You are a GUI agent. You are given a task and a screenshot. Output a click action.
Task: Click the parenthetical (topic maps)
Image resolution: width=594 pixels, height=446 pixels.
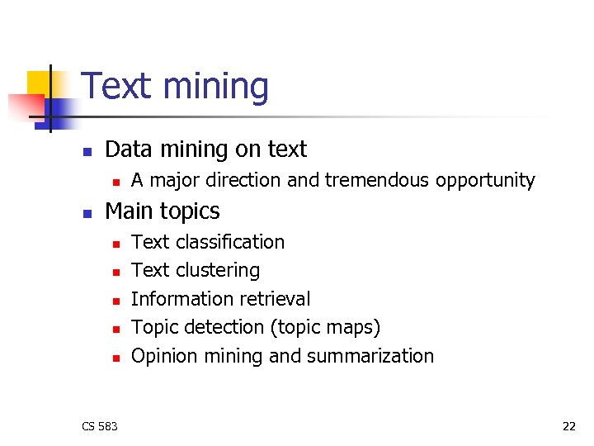tap(326, 328)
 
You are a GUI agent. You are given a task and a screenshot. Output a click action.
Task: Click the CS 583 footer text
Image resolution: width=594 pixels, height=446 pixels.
tap(100, 426)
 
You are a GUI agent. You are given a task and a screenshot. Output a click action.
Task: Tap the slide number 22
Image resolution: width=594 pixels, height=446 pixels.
tap(568, 426)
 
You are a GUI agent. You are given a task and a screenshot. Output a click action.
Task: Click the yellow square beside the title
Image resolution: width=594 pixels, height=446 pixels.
tap(40, 83)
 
